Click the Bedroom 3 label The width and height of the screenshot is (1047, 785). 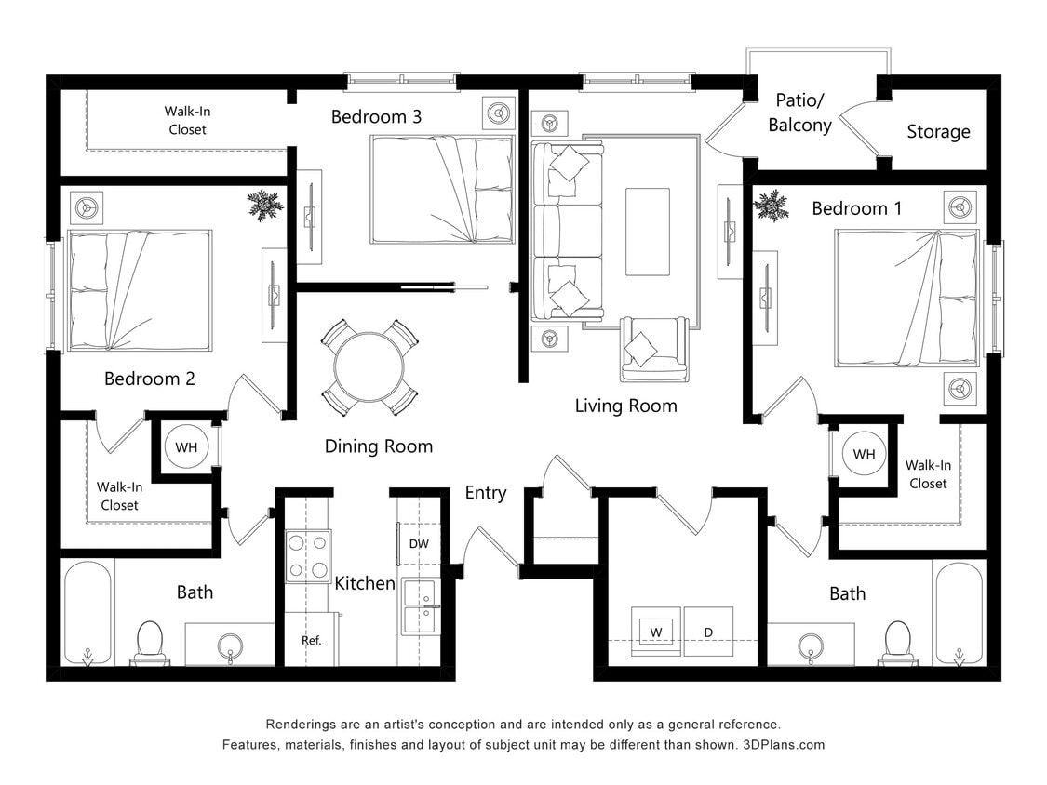(376, 117)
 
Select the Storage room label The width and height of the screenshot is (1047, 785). (938, 132)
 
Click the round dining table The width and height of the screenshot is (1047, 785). (369, 367)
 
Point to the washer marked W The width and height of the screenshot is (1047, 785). (656, 632)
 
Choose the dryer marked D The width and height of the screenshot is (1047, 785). (708, 632)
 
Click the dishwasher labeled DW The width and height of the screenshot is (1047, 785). (418, 544)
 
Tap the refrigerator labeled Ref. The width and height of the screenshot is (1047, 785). (311, 640)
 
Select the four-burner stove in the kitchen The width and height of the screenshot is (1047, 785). (308, 556)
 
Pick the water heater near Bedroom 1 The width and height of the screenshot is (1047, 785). (864, 455)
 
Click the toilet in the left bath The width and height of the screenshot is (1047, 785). (150, 642)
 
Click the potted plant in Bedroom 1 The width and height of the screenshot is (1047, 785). (771, 206)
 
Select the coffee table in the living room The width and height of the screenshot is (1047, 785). (647, 232)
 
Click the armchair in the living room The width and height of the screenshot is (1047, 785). (654, 349)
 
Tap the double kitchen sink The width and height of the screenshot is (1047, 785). (422, 607)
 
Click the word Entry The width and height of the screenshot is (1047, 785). (486, 493)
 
